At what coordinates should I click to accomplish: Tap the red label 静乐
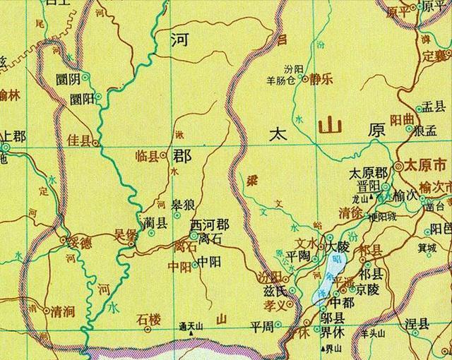(x=321, y=79)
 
